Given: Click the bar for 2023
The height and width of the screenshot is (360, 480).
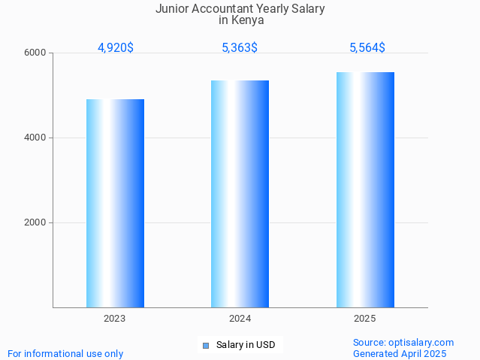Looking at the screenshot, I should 115,203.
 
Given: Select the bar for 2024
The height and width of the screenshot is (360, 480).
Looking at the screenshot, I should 240,194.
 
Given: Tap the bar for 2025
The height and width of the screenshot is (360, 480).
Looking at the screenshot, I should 365,189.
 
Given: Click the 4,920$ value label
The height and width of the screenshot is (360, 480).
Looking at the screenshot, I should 116,48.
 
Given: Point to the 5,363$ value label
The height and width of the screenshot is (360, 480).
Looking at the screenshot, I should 240,48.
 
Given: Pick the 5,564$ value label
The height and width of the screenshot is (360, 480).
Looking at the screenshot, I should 367,48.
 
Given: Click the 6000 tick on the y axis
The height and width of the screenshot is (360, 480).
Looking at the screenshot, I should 36,53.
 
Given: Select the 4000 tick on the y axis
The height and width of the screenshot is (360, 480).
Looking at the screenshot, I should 36,138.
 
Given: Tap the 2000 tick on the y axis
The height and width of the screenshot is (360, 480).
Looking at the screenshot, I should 36,223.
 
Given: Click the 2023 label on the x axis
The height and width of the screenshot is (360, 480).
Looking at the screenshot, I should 115,319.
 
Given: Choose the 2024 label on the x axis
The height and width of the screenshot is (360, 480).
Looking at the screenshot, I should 240,319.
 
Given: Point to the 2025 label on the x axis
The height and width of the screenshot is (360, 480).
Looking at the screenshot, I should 365,319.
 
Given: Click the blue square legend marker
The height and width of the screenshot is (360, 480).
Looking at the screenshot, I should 205,346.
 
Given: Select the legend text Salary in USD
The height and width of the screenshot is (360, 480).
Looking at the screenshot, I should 246,346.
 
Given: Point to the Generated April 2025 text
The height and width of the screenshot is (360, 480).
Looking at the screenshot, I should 400,354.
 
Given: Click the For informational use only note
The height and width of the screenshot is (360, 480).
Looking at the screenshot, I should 65,354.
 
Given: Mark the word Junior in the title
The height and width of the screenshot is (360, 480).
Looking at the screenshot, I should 172,9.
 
